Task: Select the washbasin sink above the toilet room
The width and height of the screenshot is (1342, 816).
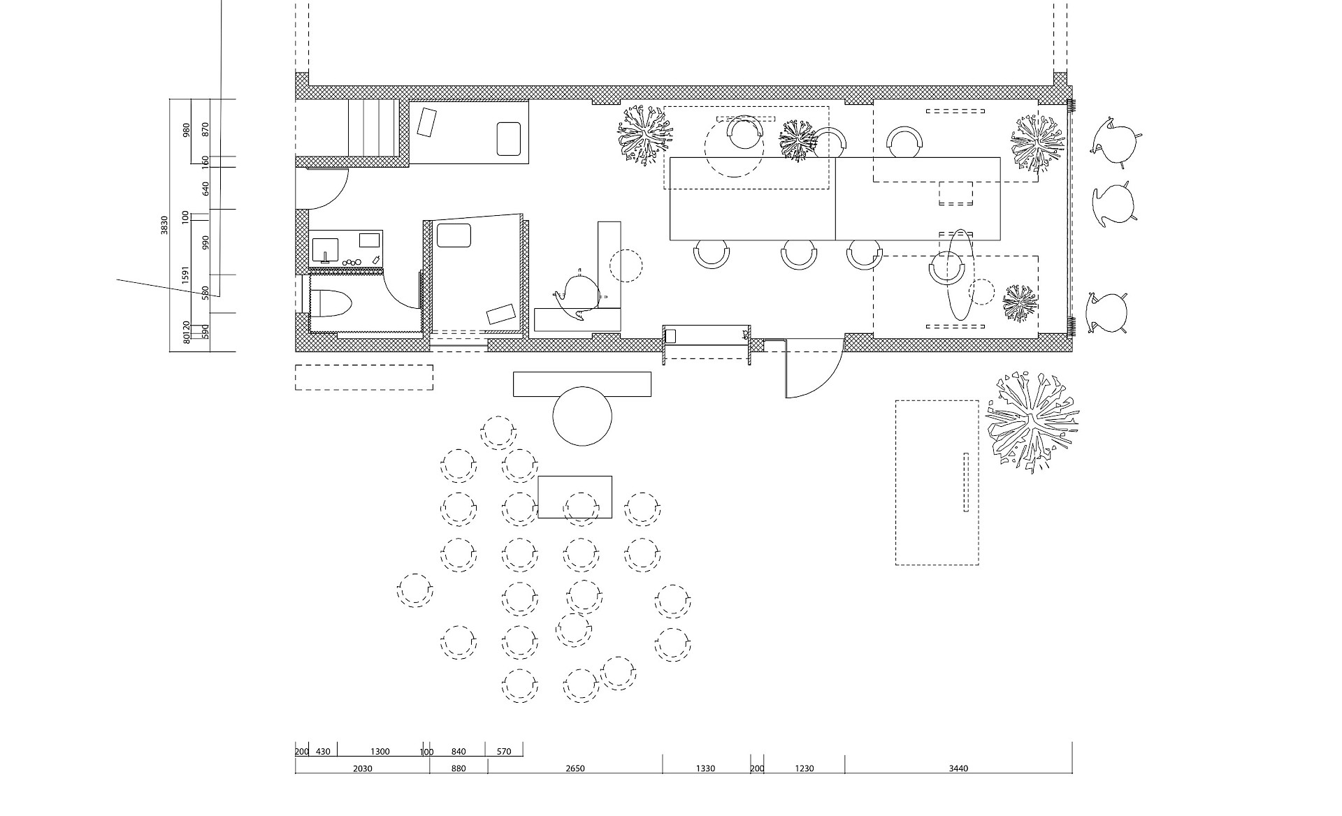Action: click(x=325, y=249)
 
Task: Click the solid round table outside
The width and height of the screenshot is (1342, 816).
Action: click(x=582, y=416)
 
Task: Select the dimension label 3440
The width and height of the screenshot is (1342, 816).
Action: click(x=958, y=768)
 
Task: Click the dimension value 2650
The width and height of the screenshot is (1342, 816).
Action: click(x=575, y=768)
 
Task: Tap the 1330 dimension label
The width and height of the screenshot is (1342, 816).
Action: click(x=705, y=768)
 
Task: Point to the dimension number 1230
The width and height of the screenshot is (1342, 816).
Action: click(x=804, y=768)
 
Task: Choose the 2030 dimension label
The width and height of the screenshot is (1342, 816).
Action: click(x=362, y=768)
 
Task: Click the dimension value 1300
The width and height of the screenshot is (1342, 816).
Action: click(x=380, y=752)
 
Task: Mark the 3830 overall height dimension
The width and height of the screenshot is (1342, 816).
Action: click(x=164, y=225)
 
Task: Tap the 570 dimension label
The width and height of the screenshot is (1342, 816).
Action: click(x=504, y=752)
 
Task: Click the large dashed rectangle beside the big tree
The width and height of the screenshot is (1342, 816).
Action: click(x=937, y=482)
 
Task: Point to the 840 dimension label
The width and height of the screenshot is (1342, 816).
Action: click(x=459, y=752)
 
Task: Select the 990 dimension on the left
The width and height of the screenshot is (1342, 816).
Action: click(x=205, y=242)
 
